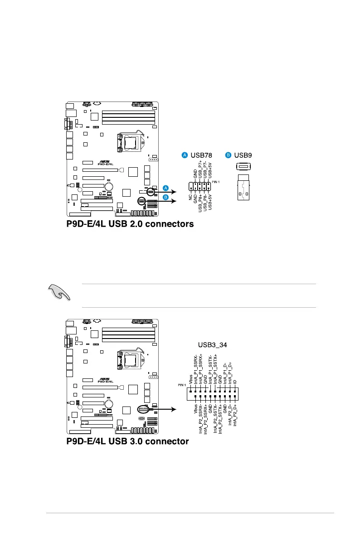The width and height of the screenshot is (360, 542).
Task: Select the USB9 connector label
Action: [243, 155]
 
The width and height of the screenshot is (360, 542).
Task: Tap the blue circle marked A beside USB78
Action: [185, 155]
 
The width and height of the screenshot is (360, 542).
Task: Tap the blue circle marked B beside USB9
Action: [228, 155]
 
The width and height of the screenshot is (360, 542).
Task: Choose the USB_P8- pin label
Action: [204, 202]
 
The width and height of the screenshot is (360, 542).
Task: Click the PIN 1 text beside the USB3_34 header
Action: [181, 385]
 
